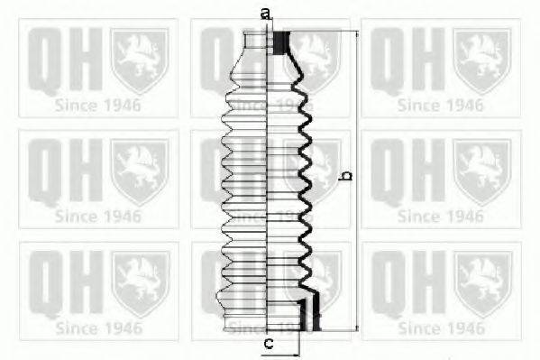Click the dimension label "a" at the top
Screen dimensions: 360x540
click(x=265, y=13)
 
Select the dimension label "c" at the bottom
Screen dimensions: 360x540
click(x=268, y=344)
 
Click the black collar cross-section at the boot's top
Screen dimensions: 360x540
click(x=280, y=42)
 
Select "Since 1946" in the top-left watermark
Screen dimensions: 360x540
click(x=98, y=105)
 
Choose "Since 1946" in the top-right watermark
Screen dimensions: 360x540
click(x=441, y=105)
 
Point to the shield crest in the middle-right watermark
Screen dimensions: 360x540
click(x=481, y=169)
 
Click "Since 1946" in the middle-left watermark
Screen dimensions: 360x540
click(x=98, y=217)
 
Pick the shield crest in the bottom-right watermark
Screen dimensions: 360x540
click(x=481, y=281)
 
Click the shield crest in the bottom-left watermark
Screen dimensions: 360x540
click(x=138, y=281)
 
